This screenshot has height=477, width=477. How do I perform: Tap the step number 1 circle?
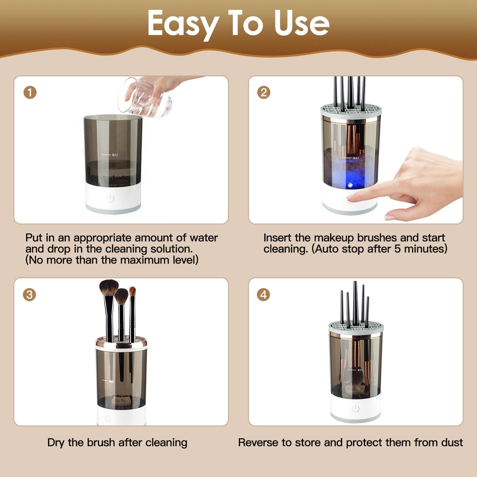point(30,93)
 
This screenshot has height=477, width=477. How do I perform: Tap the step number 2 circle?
point(264,93)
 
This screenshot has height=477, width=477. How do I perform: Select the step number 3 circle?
point(29,294)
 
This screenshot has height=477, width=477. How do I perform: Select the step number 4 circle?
point(264,294)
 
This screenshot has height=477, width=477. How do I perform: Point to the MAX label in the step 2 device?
point(356,158)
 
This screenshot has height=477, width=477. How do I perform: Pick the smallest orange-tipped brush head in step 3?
point(133,291)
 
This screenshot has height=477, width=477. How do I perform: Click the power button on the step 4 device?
point(356,409)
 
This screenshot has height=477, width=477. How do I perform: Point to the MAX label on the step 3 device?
point(111,381)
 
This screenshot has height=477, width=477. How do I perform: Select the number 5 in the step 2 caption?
point(397,249)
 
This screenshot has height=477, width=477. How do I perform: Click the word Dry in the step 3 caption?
point(56,443)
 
